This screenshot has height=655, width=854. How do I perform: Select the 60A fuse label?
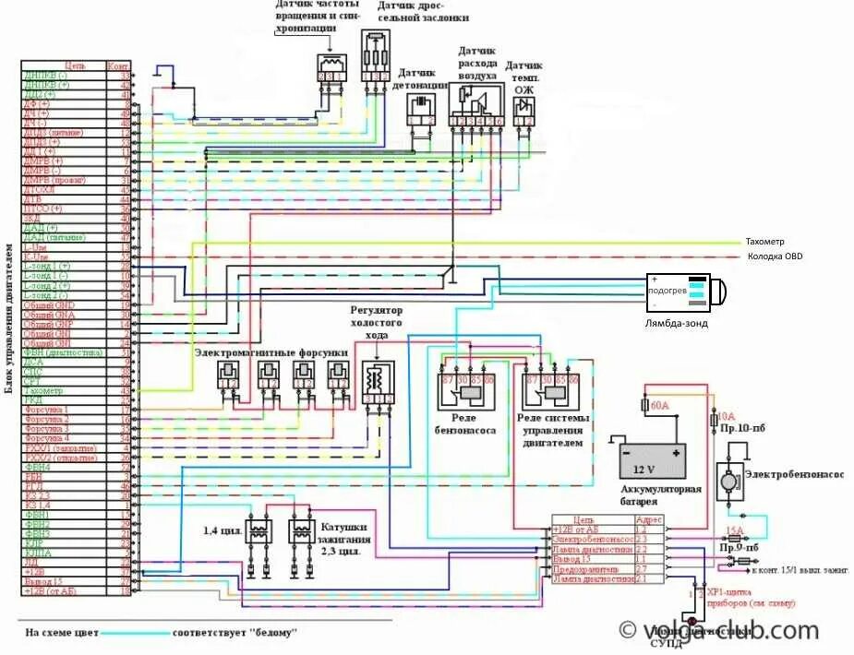pyautogui.click(x=659, y=405)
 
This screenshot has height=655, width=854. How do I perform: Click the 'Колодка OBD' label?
pyautogui.click(x=775, y=256)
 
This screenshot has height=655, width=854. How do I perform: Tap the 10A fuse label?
pyautogui.click(x=726, y=416)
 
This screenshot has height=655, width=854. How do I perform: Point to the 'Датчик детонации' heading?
pyautogui.click(x=422, y=78)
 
